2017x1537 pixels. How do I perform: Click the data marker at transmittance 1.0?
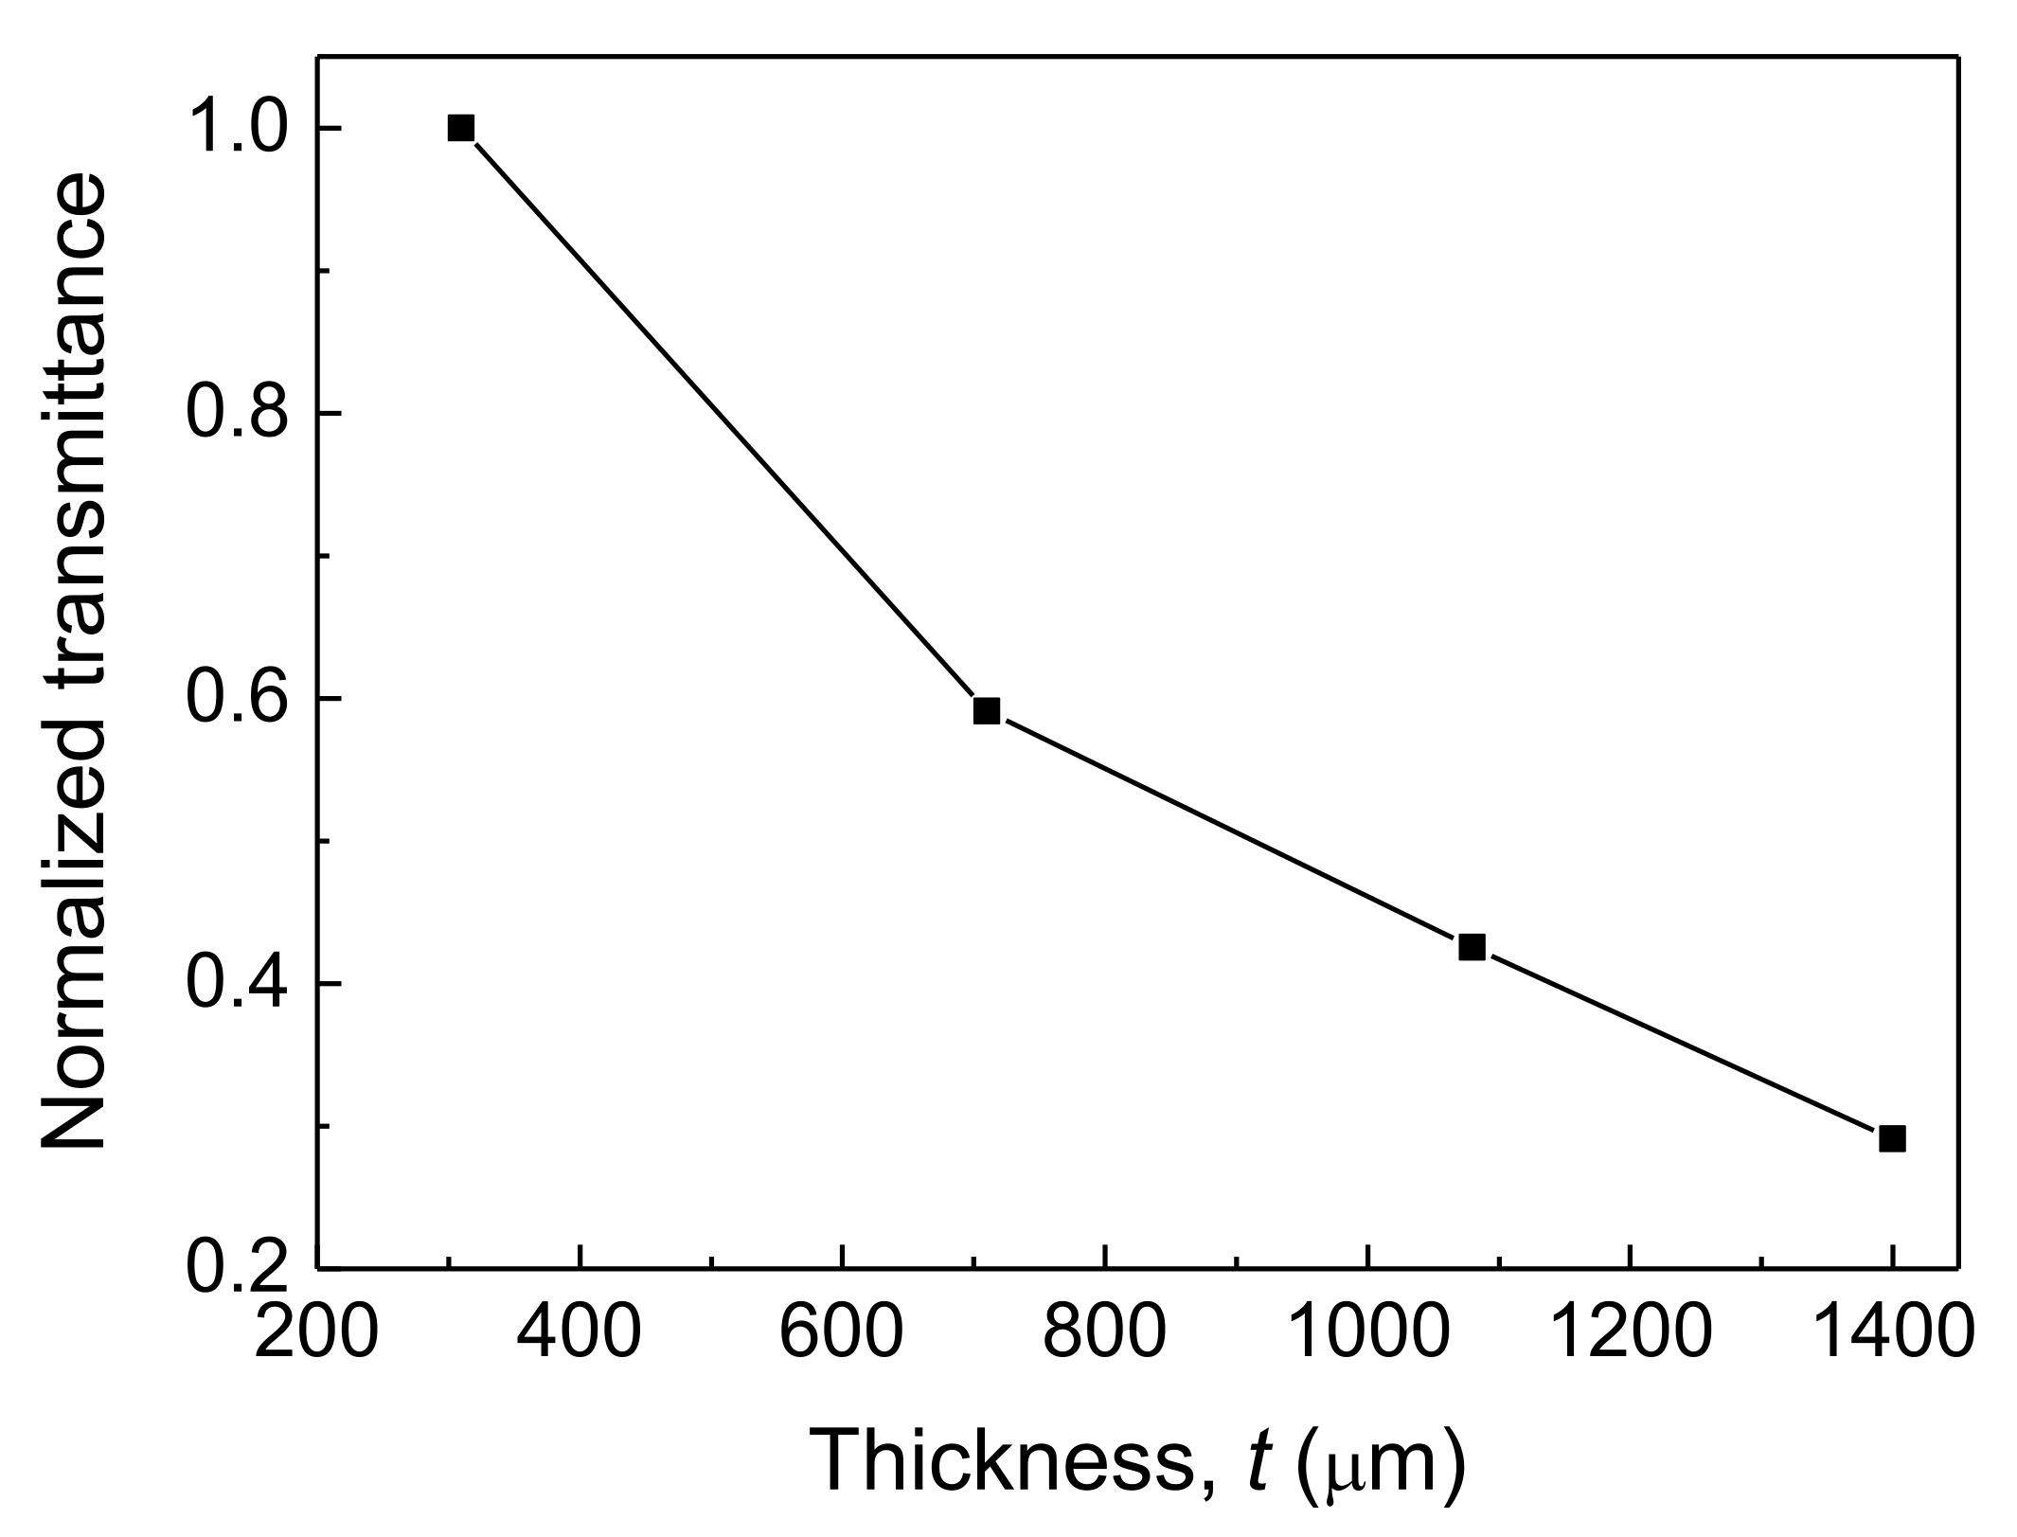(460, 128)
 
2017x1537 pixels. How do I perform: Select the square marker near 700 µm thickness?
(986, 710)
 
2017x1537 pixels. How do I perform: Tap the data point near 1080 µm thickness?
(1471, 946)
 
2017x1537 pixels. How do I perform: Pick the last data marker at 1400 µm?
(1891, 1138)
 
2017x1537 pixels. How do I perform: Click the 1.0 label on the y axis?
(237, 128)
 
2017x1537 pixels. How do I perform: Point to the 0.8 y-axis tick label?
(237, 414)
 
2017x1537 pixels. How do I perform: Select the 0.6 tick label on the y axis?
(237, 699)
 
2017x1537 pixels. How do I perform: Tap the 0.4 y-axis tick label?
(237, 985)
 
